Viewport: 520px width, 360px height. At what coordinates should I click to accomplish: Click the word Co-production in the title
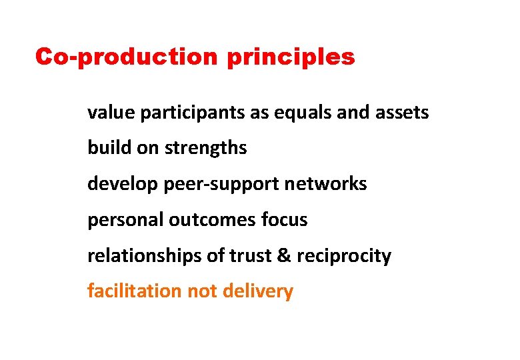tap(127, 57)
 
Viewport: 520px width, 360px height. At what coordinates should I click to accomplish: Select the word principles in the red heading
tap(291, 58)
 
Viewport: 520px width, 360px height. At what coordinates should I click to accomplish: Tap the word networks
tap(326, 184)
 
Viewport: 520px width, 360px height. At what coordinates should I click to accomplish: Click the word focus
tap(285, 220)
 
